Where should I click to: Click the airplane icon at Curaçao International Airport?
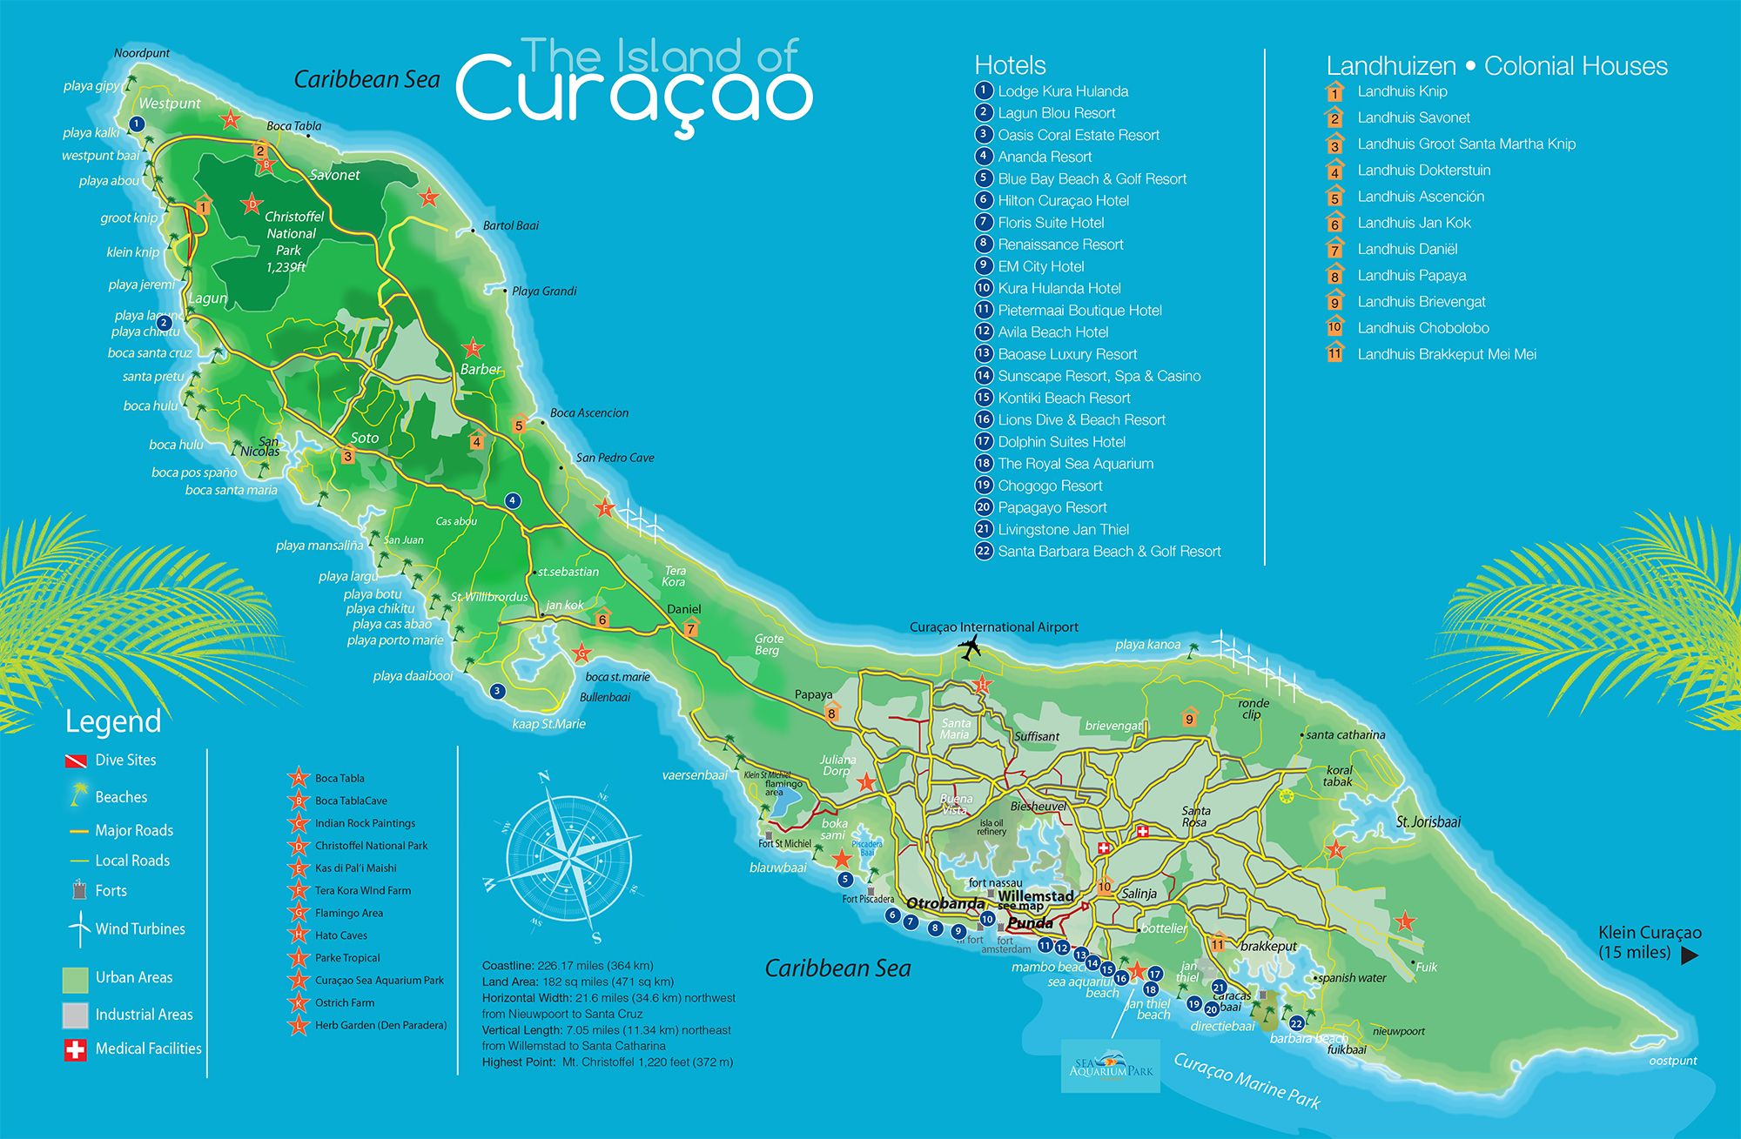(969, 647)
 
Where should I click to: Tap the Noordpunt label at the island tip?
(142, 53)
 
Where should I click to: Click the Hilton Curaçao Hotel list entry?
(1063, 200)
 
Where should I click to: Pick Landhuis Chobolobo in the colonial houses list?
(1422, 328)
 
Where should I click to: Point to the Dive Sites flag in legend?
(76, 761)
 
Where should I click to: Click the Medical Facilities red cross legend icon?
(75, 1049)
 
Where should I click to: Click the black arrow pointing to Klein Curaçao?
(1689, 955)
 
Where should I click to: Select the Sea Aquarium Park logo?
(1110, 1066)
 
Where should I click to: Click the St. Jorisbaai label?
(1428, 821)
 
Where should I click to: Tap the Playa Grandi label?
(544, 291)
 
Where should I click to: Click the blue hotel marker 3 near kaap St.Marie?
(497, 691)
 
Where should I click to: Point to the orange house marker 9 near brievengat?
(1189, 718)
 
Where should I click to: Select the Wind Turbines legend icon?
(79, 928)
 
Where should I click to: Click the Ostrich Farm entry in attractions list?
(345, 1002)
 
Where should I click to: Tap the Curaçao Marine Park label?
(1247, 1081)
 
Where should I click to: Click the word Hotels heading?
(1010, 65)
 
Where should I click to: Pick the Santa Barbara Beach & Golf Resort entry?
(1109, 551)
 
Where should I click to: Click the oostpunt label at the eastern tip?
(1672, 1061)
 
